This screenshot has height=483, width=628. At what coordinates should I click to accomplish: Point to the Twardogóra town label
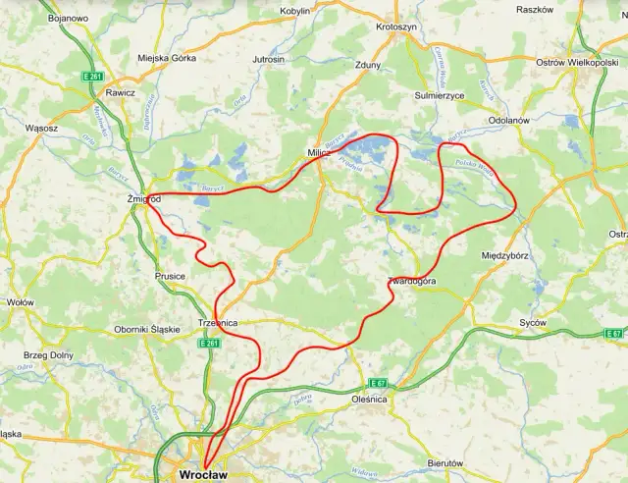coord(413,282)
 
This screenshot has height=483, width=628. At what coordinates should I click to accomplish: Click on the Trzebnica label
coord(219,322)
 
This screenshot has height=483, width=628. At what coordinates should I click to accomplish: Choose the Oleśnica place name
coord(370,401)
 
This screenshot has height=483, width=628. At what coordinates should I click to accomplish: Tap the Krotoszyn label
coord(396,27)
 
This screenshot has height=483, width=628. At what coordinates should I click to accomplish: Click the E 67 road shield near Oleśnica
coord(378,382)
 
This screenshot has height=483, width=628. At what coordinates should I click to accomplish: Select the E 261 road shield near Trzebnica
coord(208,343)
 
